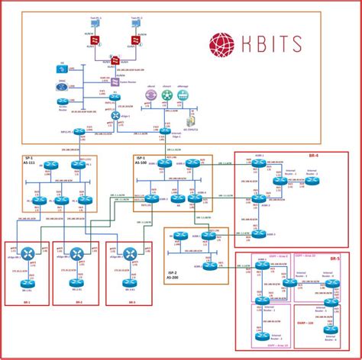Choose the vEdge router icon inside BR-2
tap(76, 254)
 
